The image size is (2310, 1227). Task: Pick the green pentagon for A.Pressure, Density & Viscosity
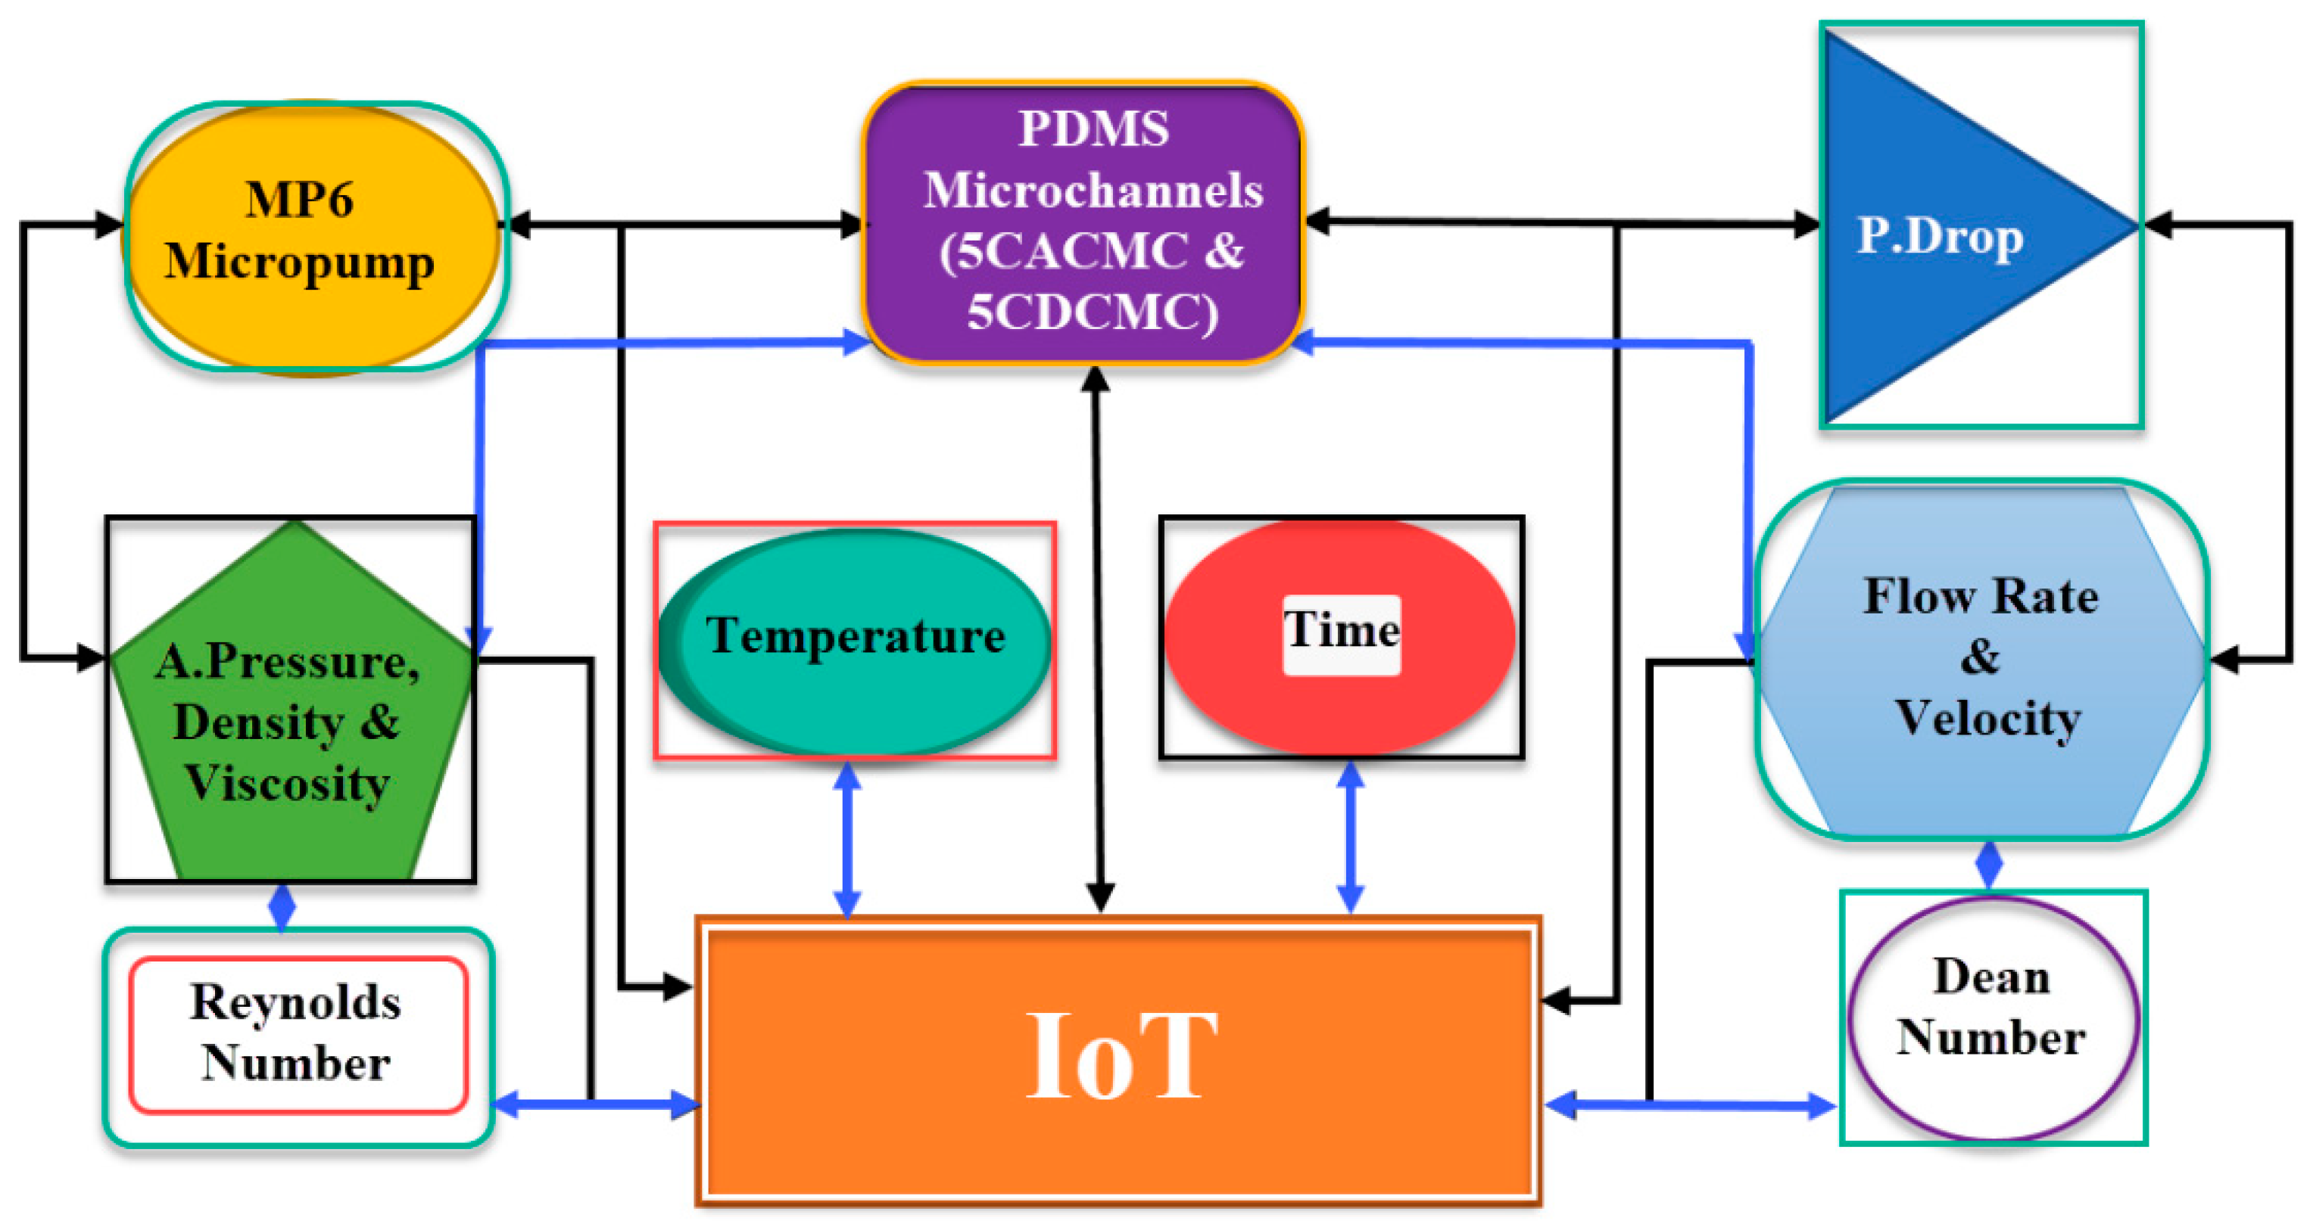click(288, 717)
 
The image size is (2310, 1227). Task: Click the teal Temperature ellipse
click(854, 641)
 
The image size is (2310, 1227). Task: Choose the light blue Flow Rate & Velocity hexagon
click(1982, 660)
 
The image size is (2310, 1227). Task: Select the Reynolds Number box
click(298, 1035)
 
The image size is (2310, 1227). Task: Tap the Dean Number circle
click(1993, 1019)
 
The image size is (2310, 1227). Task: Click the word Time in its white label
click(1342, 631)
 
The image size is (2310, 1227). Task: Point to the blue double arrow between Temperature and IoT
click(847, 839)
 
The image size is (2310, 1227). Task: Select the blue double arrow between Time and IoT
click(1351, 837)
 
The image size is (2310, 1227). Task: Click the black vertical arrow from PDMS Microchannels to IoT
click(1098, 641)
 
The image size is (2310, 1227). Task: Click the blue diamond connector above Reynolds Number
click(282, 907)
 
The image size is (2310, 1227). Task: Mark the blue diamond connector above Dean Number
click(1989, 864)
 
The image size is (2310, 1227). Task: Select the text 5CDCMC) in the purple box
click(1093, 312)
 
